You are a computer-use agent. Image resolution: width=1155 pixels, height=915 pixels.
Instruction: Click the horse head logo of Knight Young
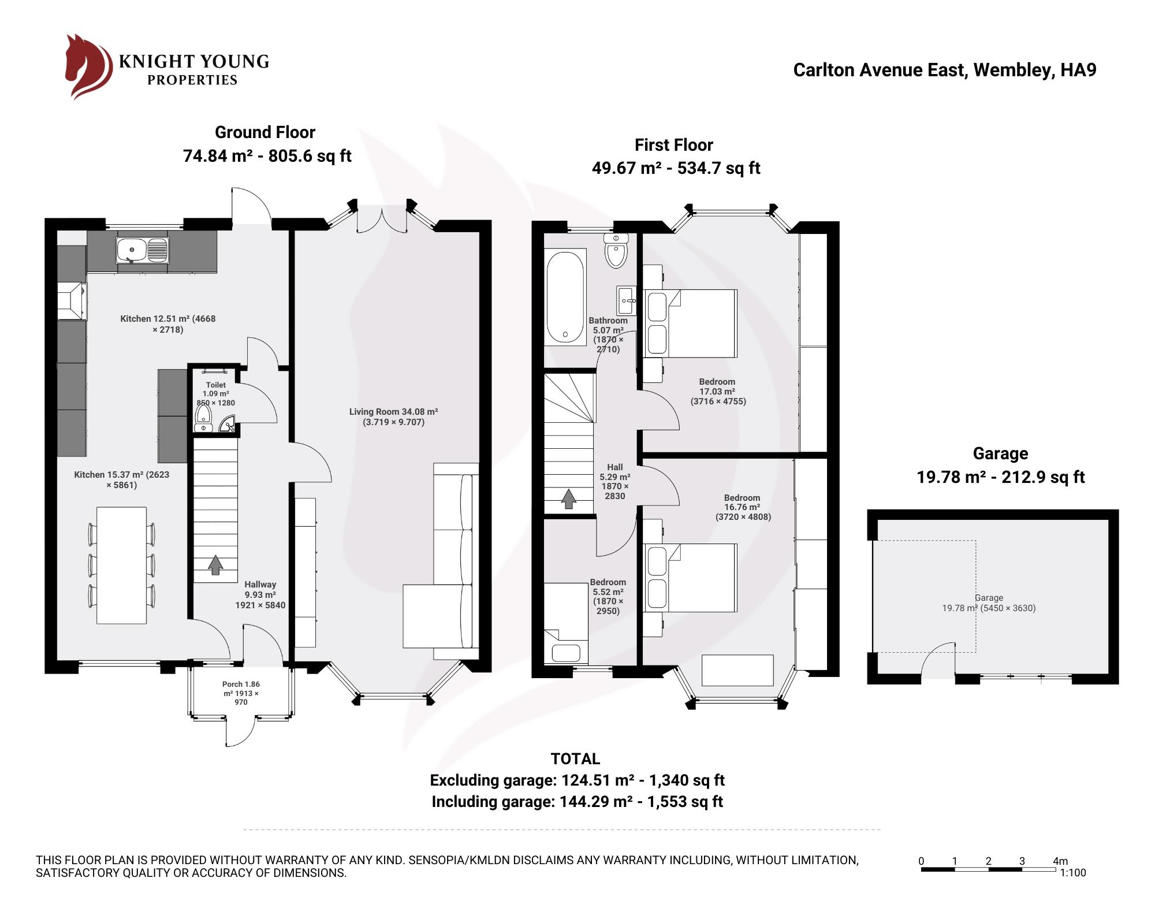pos(87,66)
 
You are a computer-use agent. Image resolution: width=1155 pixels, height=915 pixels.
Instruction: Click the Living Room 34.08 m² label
pos(393,416)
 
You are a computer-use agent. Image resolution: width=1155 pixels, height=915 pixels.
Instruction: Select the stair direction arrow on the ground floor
pos(215,565)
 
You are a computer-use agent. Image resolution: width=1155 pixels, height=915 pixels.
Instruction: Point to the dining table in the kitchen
pos(121,565)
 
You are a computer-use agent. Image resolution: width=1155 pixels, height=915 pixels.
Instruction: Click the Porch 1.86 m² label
pos(241,693)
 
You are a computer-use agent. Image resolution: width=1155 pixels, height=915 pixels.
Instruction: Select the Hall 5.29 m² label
pos(614,481)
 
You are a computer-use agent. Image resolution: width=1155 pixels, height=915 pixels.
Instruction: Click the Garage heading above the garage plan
pos(1000,453)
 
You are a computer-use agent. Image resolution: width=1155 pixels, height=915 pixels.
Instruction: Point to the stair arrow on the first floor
pos(569,499)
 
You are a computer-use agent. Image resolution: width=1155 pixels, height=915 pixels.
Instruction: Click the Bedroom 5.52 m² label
pos(608,596)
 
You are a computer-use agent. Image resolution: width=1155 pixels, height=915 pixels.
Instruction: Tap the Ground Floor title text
pos(265,132)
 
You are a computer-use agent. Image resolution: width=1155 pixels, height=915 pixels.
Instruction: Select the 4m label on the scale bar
pos(1060,861)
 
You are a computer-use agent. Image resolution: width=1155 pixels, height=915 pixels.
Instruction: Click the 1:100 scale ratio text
pos(1073,873)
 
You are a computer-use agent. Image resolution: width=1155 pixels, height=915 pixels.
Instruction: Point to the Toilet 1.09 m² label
pos(215,393)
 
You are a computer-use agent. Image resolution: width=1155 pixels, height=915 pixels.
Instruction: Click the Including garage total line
pos(577,802)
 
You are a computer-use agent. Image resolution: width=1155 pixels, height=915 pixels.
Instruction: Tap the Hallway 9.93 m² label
pos(260,594)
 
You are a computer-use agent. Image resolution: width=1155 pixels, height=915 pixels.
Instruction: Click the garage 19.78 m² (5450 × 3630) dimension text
pos(989,608)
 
